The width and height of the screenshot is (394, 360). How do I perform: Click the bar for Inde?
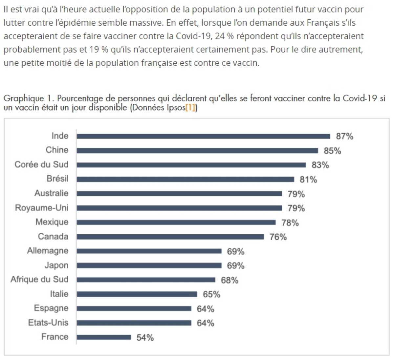203,136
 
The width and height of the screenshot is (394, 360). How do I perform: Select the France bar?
104,337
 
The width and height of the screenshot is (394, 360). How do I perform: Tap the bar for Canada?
170,237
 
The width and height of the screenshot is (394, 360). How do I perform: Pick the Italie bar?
137,294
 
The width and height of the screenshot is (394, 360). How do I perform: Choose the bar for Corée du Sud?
191,165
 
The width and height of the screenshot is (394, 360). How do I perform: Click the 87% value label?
344,136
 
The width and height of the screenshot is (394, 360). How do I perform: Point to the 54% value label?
145,337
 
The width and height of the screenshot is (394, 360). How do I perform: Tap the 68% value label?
230,280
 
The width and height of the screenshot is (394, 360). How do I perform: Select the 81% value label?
308,180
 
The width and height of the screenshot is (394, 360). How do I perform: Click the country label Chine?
57,150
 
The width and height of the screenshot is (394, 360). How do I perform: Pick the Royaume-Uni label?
42,208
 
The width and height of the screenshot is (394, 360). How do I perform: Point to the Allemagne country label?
48,251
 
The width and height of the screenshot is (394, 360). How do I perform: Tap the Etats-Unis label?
48,323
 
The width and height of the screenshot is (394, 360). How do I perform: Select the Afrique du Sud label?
39,279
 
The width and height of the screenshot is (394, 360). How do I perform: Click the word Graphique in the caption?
23,98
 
